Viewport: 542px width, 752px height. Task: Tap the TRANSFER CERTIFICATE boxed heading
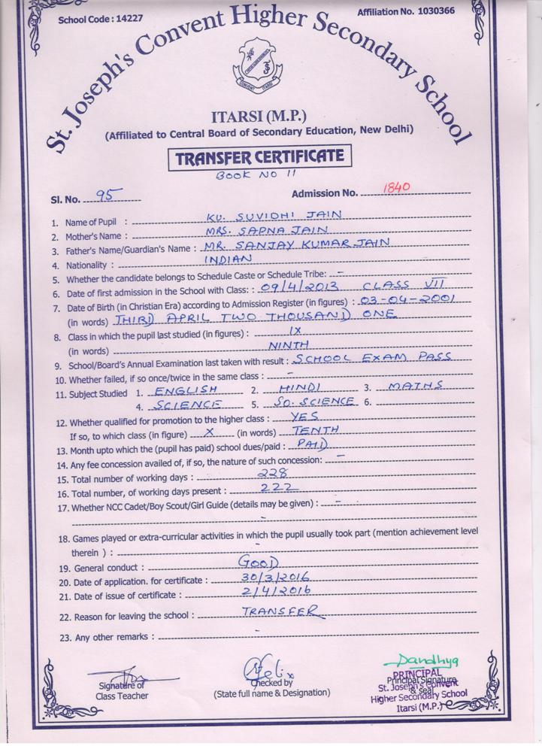(x=260, y=156)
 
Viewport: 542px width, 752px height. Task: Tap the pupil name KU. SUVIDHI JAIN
(x=273, y=216)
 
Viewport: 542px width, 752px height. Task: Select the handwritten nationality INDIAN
(x=230, y=259)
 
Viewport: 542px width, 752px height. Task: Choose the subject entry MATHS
(x=413, y=387)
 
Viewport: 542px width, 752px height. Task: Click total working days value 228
(x=272, y=475)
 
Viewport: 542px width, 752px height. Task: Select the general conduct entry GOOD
(x=258, y=563)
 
